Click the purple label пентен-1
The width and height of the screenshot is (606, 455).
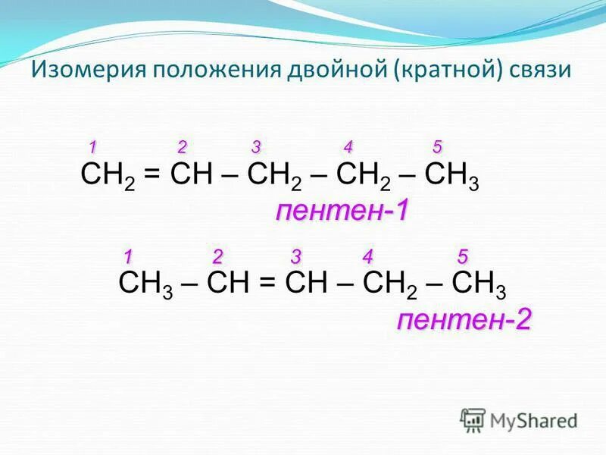(x=342, y=212)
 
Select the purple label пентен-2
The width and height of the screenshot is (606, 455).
(x=464, y=319)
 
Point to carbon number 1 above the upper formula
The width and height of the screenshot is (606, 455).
(x=92, y=146)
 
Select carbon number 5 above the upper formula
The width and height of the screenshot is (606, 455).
(x=437, y=146)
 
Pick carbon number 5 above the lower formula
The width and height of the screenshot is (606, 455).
(x=462, y=254)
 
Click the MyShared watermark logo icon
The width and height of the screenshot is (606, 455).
(x=473, y=419)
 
